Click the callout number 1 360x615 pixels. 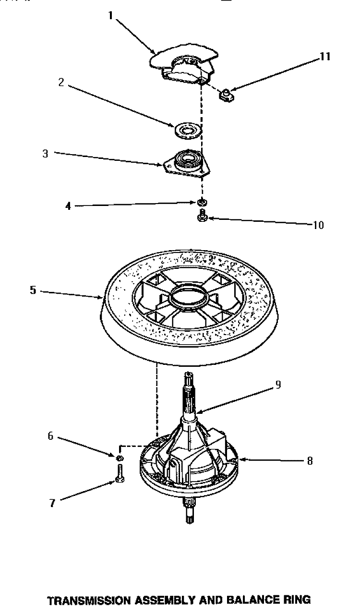point(110,15)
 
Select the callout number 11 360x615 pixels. point(325,57)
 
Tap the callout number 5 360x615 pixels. point(33,290)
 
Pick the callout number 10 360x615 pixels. point(318,225)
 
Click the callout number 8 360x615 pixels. point(310,461)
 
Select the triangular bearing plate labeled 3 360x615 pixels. point(185,161)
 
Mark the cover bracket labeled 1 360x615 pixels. point(182,65)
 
